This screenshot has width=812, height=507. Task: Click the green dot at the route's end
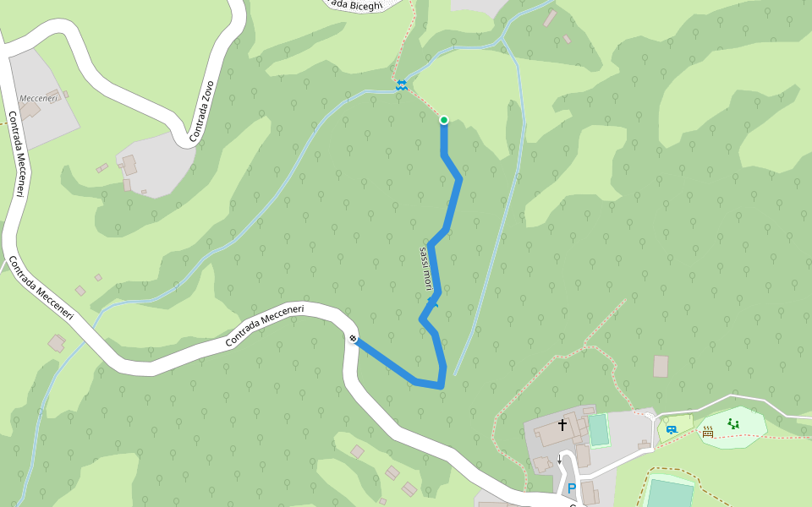[443, 120]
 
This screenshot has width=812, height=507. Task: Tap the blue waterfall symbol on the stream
[401, 84]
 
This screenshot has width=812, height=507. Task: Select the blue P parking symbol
[571, 488]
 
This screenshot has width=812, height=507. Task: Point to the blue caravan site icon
[671, 430]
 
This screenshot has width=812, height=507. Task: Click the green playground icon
[733, 423]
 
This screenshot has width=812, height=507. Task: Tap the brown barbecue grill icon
[708, 432]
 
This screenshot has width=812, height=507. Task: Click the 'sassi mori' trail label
[427, 269]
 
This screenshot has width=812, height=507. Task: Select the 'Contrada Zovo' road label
[202, 111]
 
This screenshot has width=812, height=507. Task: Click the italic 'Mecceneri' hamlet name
[39, 99]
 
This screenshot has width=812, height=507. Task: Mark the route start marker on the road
[353, 340]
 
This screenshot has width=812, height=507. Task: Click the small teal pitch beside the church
[599, 429]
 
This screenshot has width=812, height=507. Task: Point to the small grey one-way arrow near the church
[559, 459]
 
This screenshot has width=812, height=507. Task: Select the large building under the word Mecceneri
[30, 112]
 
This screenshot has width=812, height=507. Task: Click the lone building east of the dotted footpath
[661, 366]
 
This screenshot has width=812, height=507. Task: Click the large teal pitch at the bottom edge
[669, 493]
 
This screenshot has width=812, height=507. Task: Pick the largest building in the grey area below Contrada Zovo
[129, 164]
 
